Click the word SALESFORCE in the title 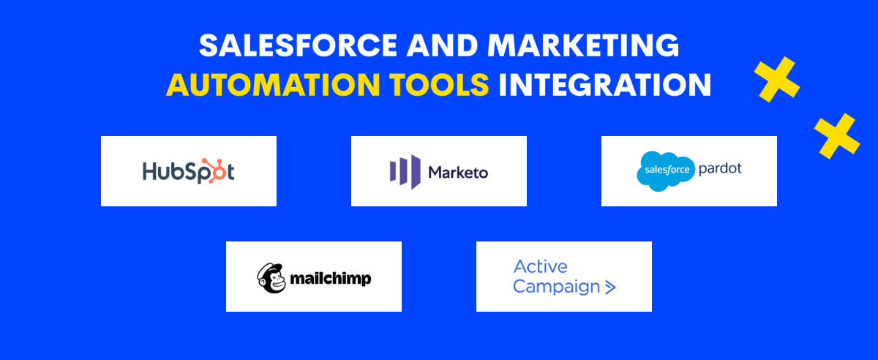[x=299, y=45]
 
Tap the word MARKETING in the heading [x=583, y=45]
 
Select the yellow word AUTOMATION [x=273, y=84]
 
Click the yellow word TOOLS [x=439, y=84]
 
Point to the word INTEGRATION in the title [x=605, y=84]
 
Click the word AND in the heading [x=442, y=45]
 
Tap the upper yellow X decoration [x=776, y=80]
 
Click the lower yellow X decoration [x=837, y=136]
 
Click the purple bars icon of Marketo [x=405, y=172]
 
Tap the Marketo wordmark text [x=458, y=173]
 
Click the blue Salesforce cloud [x=666, y=171]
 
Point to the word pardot [x=720, y=168]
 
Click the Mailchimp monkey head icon [x=271, y=277]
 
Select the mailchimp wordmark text [x=331, y=279]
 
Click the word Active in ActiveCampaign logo [x=541, y=266]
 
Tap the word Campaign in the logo [x=556, y=287]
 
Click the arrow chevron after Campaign [x=610, y=288]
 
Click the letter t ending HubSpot [x=230, y=172]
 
